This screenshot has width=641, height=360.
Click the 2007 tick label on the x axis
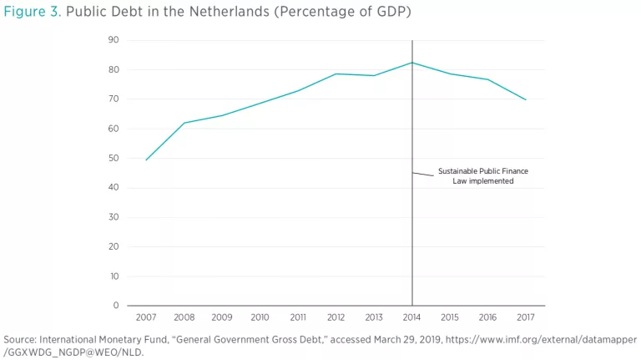click(x=146, y=317)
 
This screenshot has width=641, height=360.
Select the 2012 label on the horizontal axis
click(x=336, y=317)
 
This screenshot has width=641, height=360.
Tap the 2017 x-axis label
click(x=525, y=317)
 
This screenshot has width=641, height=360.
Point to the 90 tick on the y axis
click(x=114, y=40)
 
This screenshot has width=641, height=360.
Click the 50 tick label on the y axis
click(x=114, y=158)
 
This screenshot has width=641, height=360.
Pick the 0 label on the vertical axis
click(x=116, y=306)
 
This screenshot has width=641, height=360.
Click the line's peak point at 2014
click(x=411, y=63)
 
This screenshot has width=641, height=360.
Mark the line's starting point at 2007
click(x=146, y=160)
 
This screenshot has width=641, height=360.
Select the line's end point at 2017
click(x=525, y=99)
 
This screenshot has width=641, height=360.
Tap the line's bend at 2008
click(x=184, y=123)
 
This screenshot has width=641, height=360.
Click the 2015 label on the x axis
click(x=449, y=317)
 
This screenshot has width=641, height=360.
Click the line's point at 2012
click(x=336, y=74)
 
